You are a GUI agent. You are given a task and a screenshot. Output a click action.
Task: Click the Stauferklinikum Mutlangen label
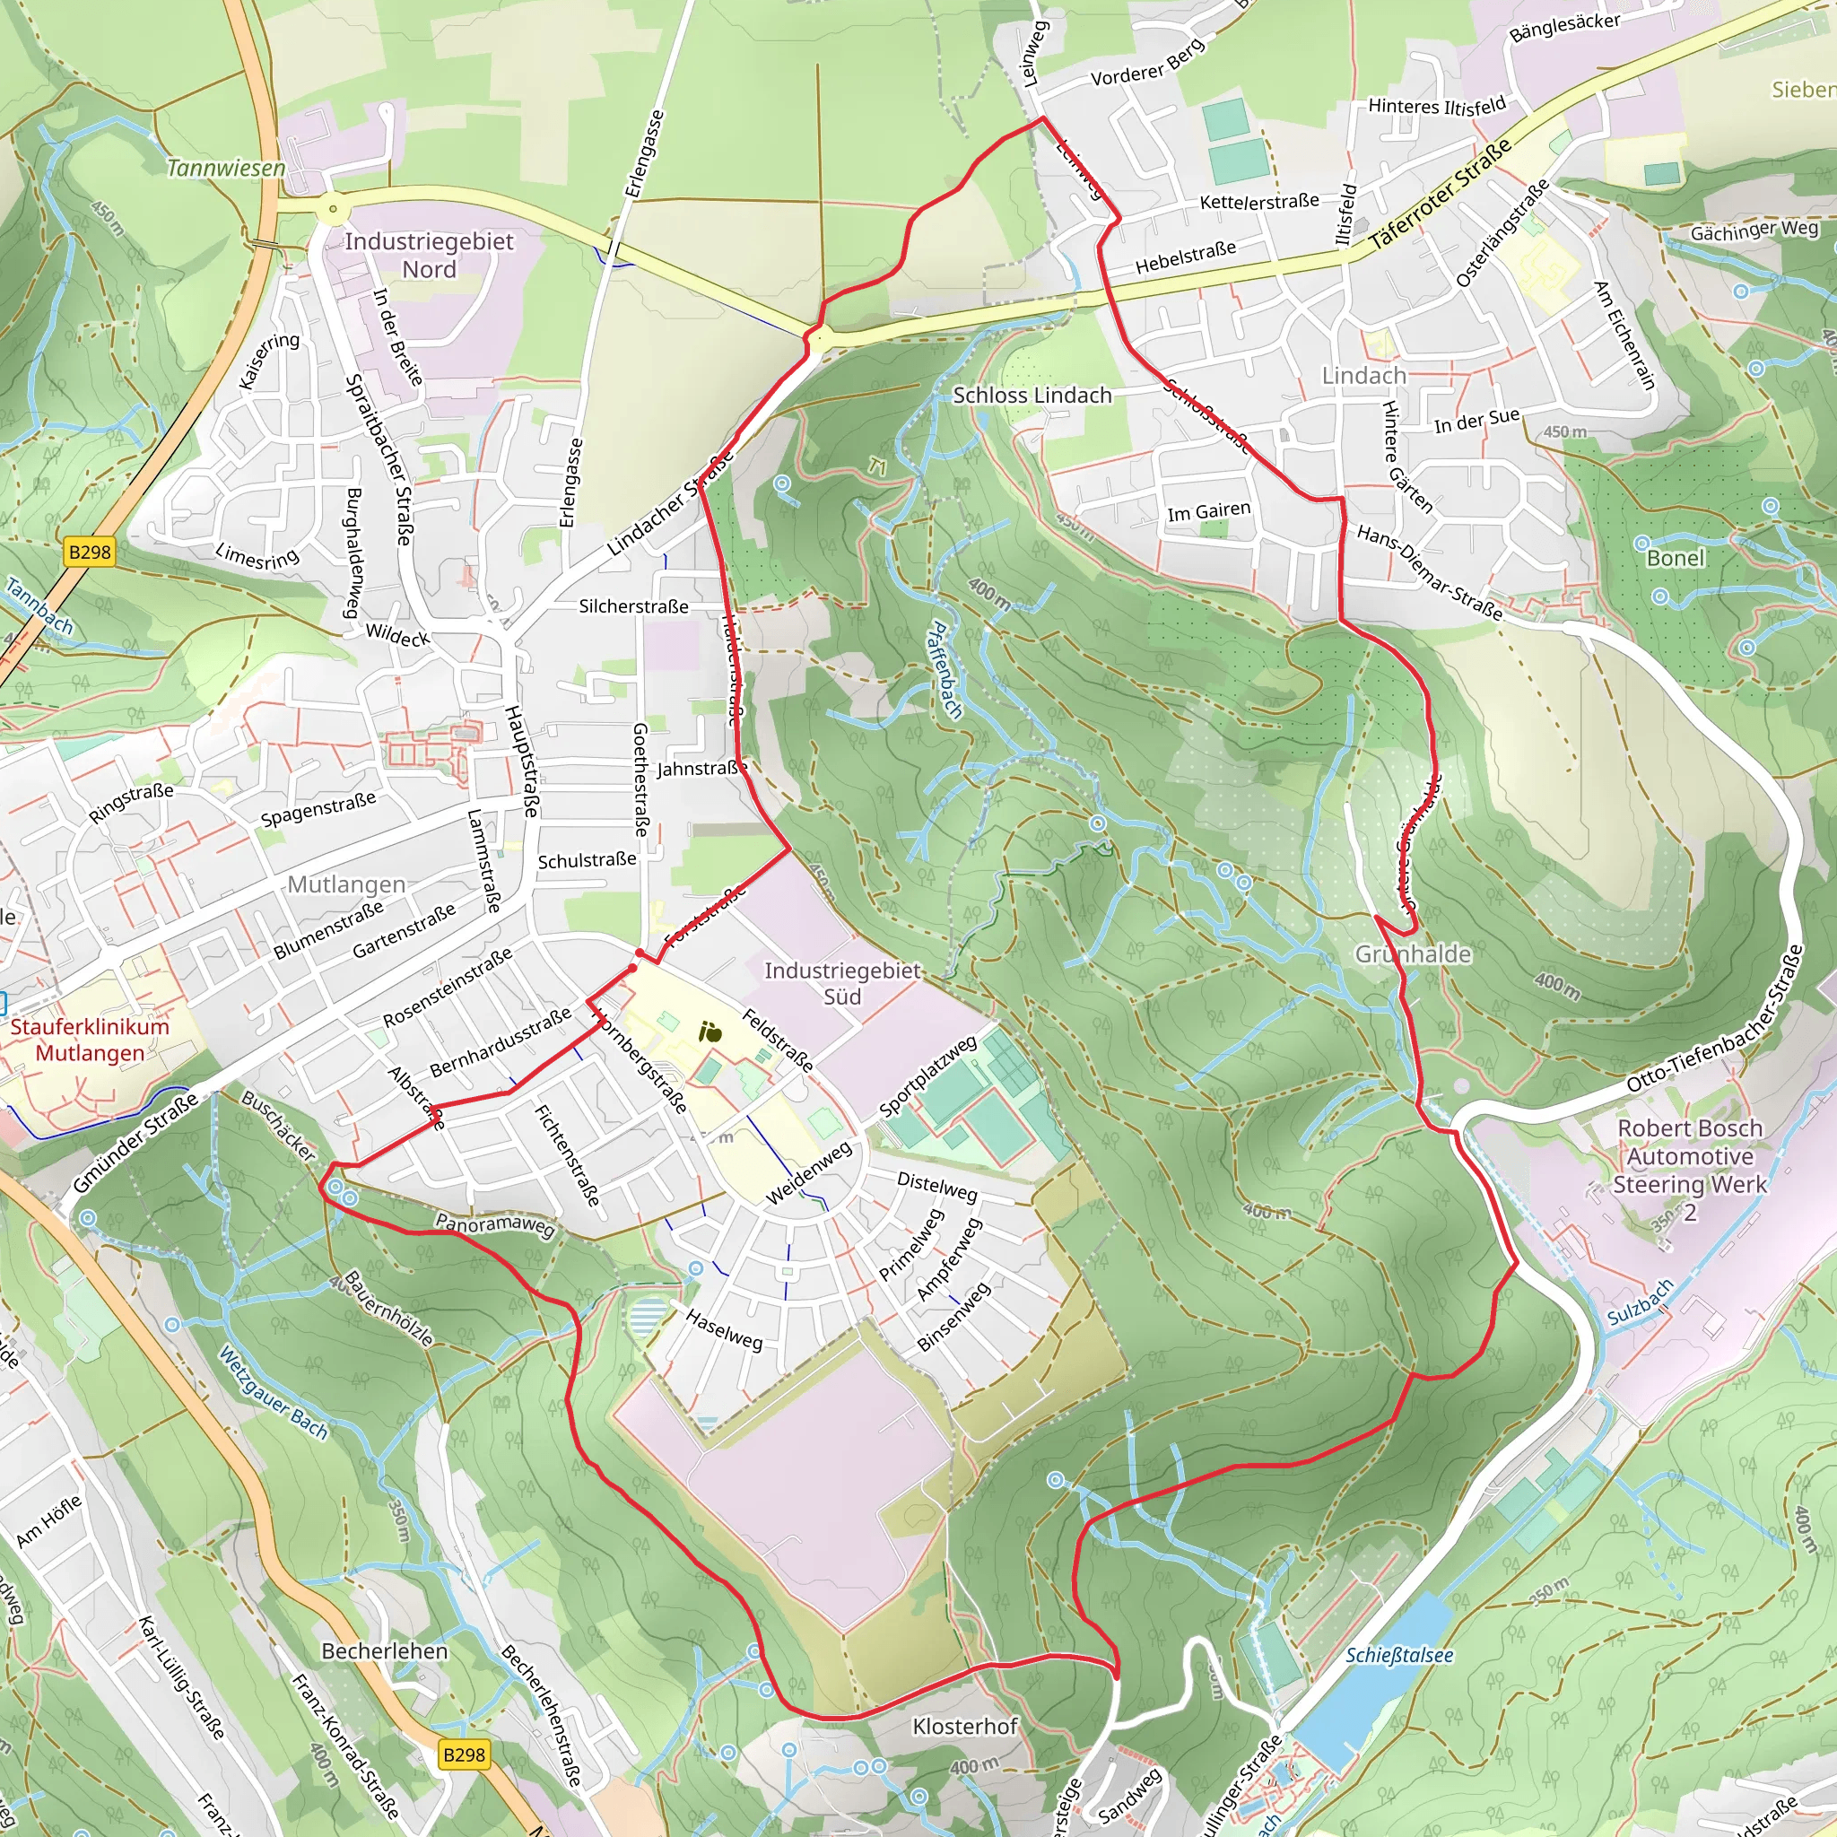coord(90,1040)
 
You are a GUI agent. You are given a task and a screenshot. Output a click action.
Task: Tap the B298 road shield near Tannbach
coord(90,552)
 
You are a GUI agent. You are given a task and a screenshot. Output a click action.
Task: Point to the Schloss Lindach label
coord(1032,396)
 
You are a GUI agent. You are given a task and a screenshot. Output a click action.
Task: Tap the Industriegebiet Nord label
coord(429,255)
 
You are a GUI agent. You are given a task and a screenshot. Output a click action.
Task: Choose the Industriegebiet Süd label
coord(842,983)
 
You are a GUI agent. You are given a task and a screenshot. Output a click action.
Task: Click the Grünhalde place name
coord(1413,953)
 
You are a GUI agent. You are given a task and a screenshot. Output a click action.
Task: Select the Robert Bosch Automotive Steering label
coord(1690,1170)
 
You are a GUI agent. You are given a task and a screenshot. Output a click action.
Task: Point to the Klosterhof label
coord(964,1726)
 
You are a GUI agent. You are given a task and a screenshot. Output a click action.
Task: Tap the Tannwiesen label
coord(226,169)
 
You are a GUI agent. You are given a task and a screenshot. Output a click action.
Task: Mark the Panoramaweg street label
coord(494,1224)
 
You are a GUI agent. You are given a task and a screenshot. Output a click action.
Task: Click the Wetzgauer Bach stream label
coord(272,1394)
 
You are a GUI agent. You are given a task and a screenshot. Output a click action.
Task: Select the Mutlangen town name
coord(346,884)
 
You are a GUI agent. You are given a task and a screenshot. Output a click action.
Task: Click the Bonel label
coord(1676,558)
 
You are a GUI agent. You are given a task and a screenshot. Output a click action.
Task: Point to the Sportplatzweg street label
coord(927,1076)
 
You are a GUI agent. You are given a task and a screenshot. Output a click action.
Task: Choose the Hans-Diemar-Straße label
coord(1429,572)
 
